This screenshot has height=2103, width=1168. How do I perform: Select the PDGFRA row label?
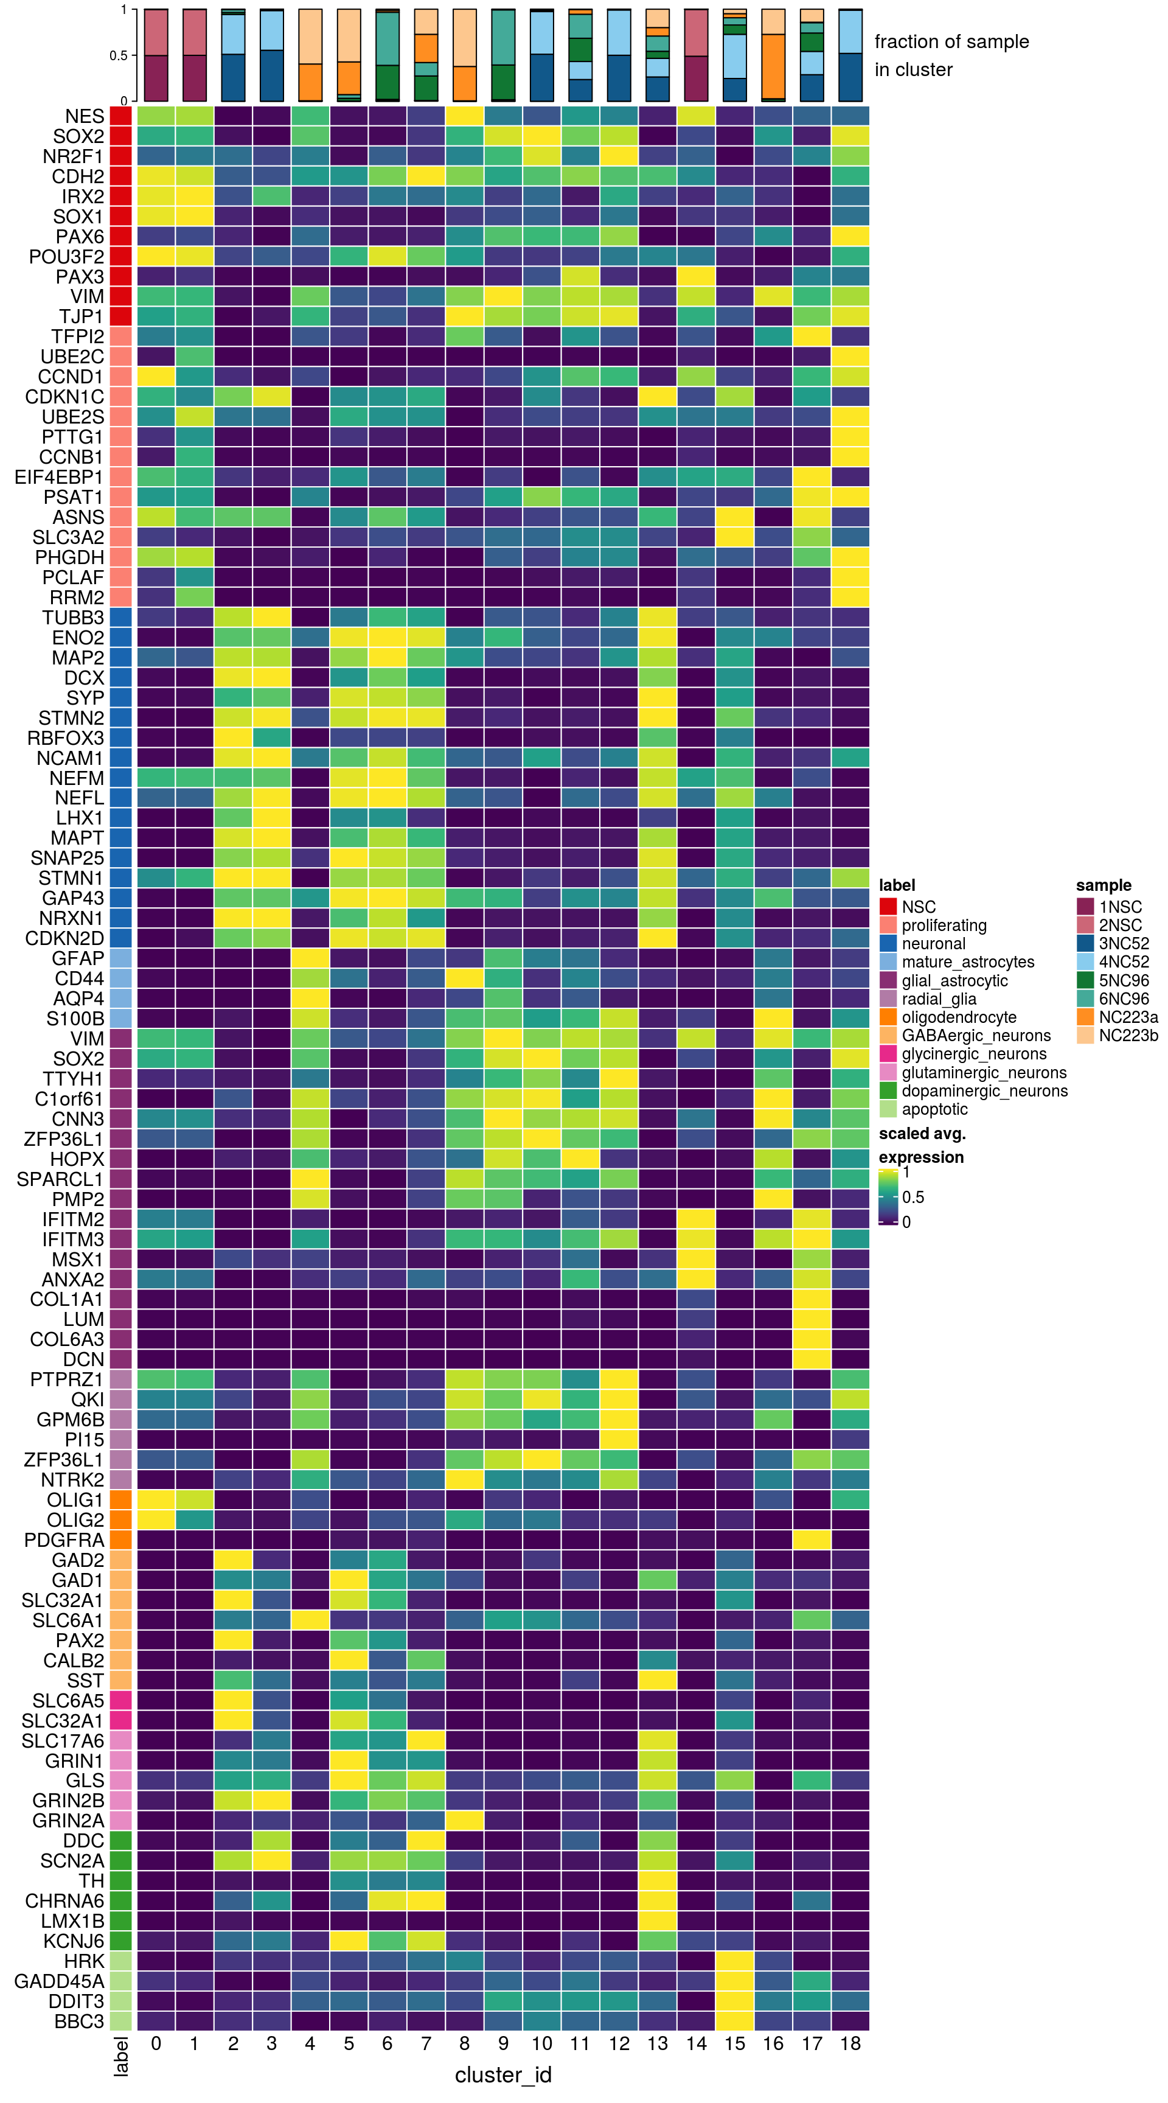click(64, 1540)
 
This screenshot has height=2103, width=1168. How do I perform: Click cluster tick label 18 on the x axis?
click(850, 2043)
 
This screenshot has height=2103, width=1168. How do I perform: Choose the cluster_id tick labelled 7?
click(425, 2043)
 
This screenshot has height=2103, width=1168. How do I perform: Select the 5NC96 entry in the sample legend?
click(1123, 980)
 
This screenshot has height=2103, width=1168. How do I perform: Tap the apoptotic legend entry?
click(934, 1109)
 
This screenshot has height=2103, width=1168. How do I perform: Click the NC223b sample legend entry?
click(1128, 1035)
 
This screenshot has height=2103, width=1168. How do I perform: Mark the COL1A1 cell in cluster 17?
click(812, 1299)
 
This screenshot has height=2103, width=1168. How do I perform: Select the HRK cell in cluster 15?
click(735, 1961)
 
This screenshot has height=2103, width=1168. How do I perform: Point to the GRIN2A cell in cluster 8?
click(464, 1821)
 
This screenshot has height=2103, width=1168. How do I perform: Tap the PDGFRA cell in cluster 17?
click(812, 1540)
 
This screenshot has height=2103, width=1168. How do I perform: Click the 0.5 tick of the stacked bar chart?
click(119, 55)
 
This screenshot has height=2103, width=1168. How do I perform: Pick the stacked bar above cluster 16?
click(773, 55)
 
